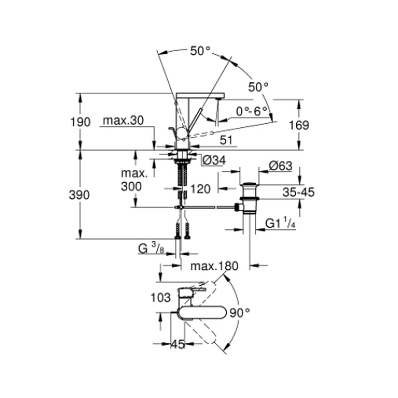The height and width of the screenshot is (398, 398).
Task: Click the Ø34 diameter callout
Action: click(x=214, y=160)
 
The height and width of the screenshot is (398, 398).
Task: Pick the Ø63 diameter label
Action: click(x=280, y=166)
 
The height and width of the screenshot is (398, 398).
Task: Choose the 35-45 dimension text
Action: click(x=298, y=192)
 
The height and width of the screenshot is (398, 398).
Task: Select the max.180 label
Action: click(x=214, y=266)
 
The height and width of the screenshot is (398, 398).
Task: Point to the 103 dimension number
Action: click(x=161, y=297)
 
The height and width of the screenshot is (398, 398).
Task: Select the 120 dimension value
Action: click(x=201, y=189)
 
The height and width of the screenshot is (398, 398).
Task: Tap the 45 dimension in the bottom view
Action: click(x=178, y=344)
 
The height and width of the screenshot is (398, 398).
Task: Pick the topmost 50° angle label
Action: click(x=200, y=51)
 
